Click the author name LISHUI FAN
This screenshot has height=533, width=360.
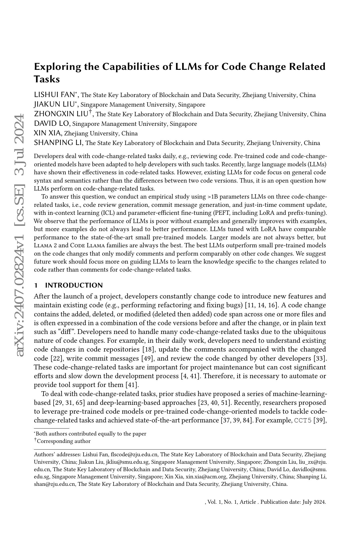[55, 95]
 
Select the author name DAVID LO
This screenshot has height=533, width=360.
[52, 123]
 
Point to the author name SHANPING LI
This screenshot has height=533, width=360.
[58, 143]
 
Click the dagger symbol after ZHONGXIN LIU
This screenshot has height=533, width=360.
[91, 112]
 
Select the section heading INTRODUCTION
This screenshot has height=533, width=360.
[74, 285]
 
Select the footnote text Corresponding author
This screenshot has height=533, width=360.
[64, 441]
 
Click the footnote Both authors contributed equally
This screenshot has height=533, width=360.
[91, 434]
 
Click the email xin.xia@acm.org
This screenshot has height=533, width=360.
[206, 477]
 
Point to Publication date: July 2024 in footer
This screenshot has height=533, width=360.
[293, 502]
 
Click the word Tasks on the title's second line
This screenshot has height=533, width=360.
[47, 79]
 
